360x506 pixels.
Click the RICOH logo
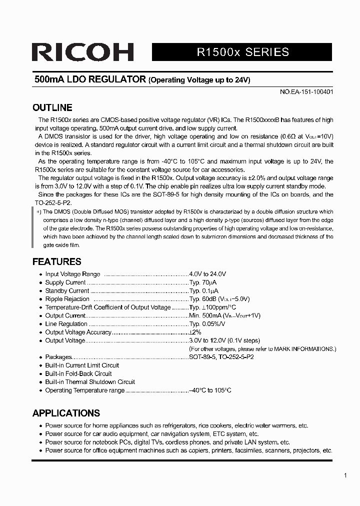pos(83,52)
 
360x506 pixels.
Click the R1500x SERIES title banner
pos(242,52)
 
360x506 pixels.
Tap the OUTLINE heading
pos(52,107)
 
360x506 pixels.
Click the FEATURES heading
pos(56,261)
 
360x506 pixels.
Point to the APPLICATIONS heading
pos(66,413)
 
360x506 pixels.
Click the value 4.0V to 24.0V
pos(207,274)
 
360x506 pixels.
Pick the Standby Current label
pos(67,290)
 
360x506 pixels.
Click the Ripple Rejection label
pos(67,299)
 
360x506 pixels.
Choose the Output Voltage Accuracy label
pos(78,332)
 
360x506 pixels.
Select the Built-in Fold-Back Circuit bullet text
pos(78,373)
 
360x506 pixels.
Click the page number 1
pos(345,475)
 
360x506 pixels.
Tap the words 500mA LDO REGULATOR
pos(90,79)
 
